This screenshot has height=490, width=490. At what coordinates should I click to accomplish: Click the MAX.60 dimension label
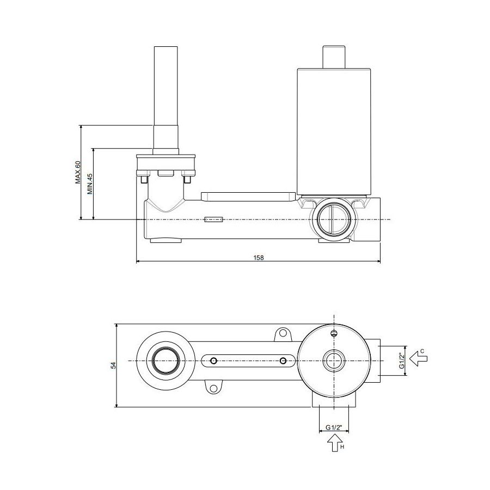click(x=78, y=172)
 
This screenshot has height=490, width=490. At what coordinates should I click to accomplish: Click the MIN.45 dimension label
click(x=90, y=184)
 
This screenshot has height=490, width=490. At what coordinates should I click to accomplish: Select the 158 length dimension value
click(x=259, y=258)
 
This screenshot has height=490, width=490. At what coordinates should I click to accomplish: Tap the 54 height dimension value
click(x=113, y=365)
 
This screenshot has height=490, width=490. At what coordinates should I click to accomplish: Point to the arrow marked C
click(x=419, y=358)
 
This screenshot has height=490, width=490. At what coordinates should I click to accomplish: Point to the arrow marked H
click(x=335, y=443)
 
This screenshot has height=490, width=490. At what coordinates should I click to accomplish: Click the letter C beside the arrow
click(x=422, y=351)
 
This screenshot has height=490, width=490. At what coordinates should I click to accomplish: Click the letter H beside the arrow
click(x=342, y=447)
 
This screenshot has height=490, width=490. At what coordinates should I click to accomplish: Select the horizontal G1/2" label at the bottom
click(x=334, y=427)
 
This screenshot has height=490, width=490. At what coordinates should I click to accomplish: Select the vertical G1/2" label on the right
click(x=402, y=360)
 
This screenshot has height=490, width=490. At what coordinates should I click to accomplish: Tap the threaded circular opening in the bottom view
click(x=166, y=361)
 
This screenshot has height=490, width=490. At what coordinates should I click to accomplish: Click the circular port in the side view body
click(x=334, y=219)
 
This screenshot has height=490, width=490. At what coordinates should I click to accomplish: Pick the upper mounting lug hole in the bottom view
click(x=283, y=333)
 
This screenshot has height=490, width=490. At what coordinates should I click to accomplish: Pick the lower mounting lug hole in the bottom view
click(x=213, y=388)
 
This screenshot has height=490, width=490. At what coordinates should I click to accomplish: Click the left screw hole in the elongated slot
click(x=213, y=361)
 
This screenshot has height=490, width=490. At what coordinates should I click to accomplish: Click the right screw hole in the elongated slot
click(x=283, y=361)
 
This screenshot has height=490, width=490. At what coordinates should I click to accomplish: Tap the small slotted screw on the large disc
click(x=334, y=333)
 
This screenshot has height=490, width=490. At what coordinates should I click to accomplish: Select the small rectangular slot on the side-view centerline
click(x=213, y=219)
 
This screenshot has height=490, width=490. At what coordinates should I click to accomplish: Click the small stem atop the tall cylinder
click(x=334, y=57)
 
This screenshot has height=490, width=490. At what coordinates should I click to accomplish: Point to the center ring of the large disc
click(x=334, y=361)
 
